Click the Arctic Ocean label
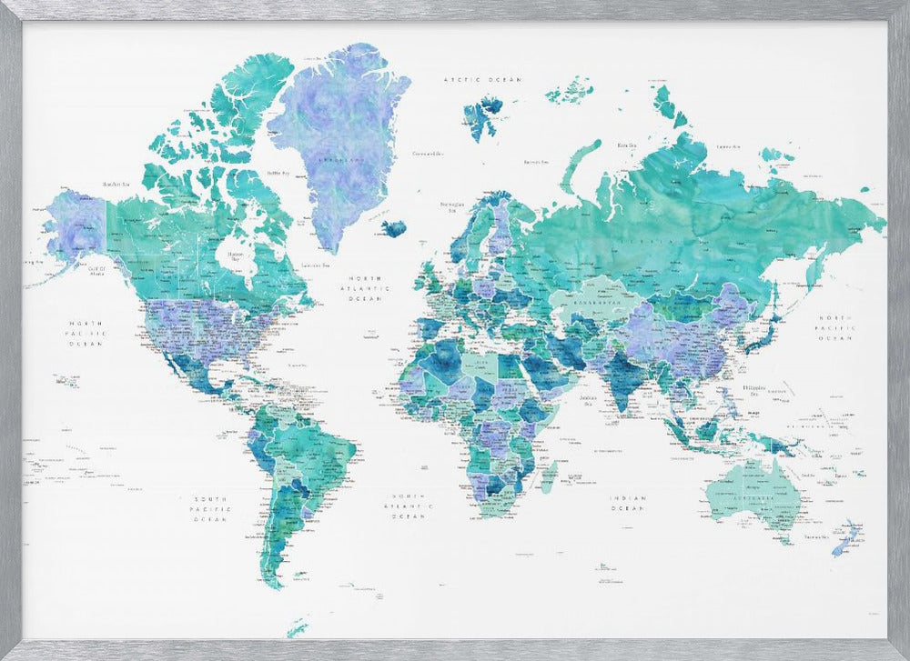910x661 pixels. (x=482, y=80)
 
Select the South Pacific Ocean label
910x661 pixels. (x=208, y=509)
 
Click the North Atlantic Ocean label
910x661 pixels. (x=368, y=288)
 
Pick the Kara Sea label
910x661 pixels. (x=626, y=145)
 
